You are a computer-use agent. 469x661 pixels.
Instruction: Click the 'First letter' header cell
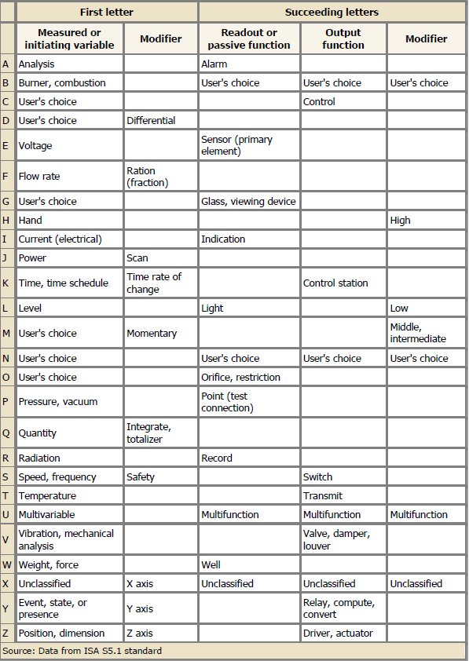(x=107, y=12)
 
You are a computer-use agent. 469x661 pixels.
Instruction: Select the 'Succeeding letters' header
(x=333, y=12)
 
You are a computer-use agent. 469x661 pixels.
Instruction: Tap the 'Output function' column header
(x=343, y=38)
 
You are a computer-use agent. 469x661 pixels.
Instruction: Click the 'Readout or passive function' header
(x=249, y=38)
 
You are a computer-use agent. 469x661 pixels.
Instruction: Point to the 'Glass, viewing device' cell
(x=248, y=201)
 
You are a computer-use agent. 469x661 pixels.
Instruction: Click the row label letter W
(x=7, y=564)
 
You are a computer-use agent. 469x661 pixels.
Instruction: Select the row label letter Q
(x=7, y=433)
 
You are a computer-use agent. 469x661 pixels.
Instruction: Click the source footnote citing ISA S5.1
(x=82, y=651)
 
